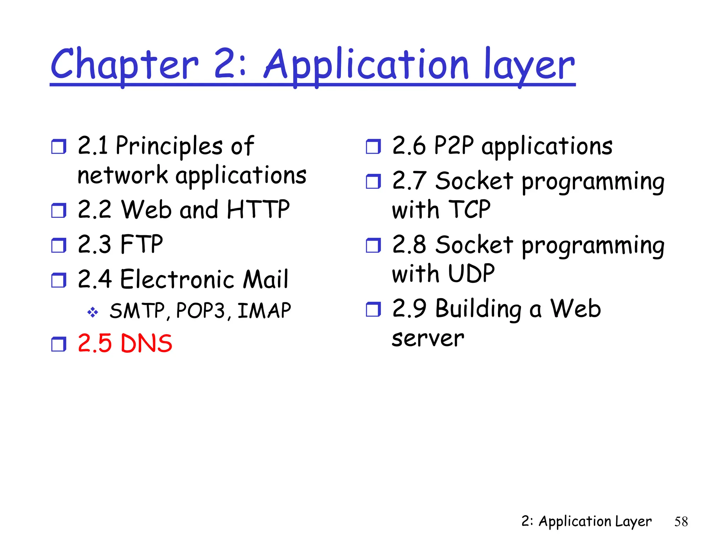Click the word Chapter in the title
click(124, 65)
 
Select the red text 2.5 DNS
click(125, 343)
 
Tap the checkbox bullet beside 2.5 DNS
click(58, 344)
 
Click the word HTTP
click(258, 209)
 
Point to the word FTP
click(141, 244)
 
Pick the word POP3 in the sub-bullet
click(200, 311)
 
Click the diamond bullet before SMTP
click(93, 312)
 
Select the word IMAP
click(264, 311)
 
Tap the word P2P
click(454, 145)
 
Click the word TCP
click(469, 209)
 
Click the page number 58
click(681, 522)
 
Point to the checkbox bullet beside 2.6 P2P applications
click(373, 146)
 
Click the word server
click(428, 338)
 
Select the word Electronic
click(177, 279)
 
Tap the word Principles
click(169, 145)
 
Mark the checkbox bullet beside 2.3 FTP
click(58, 245)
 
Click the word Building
click(478, 309)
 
